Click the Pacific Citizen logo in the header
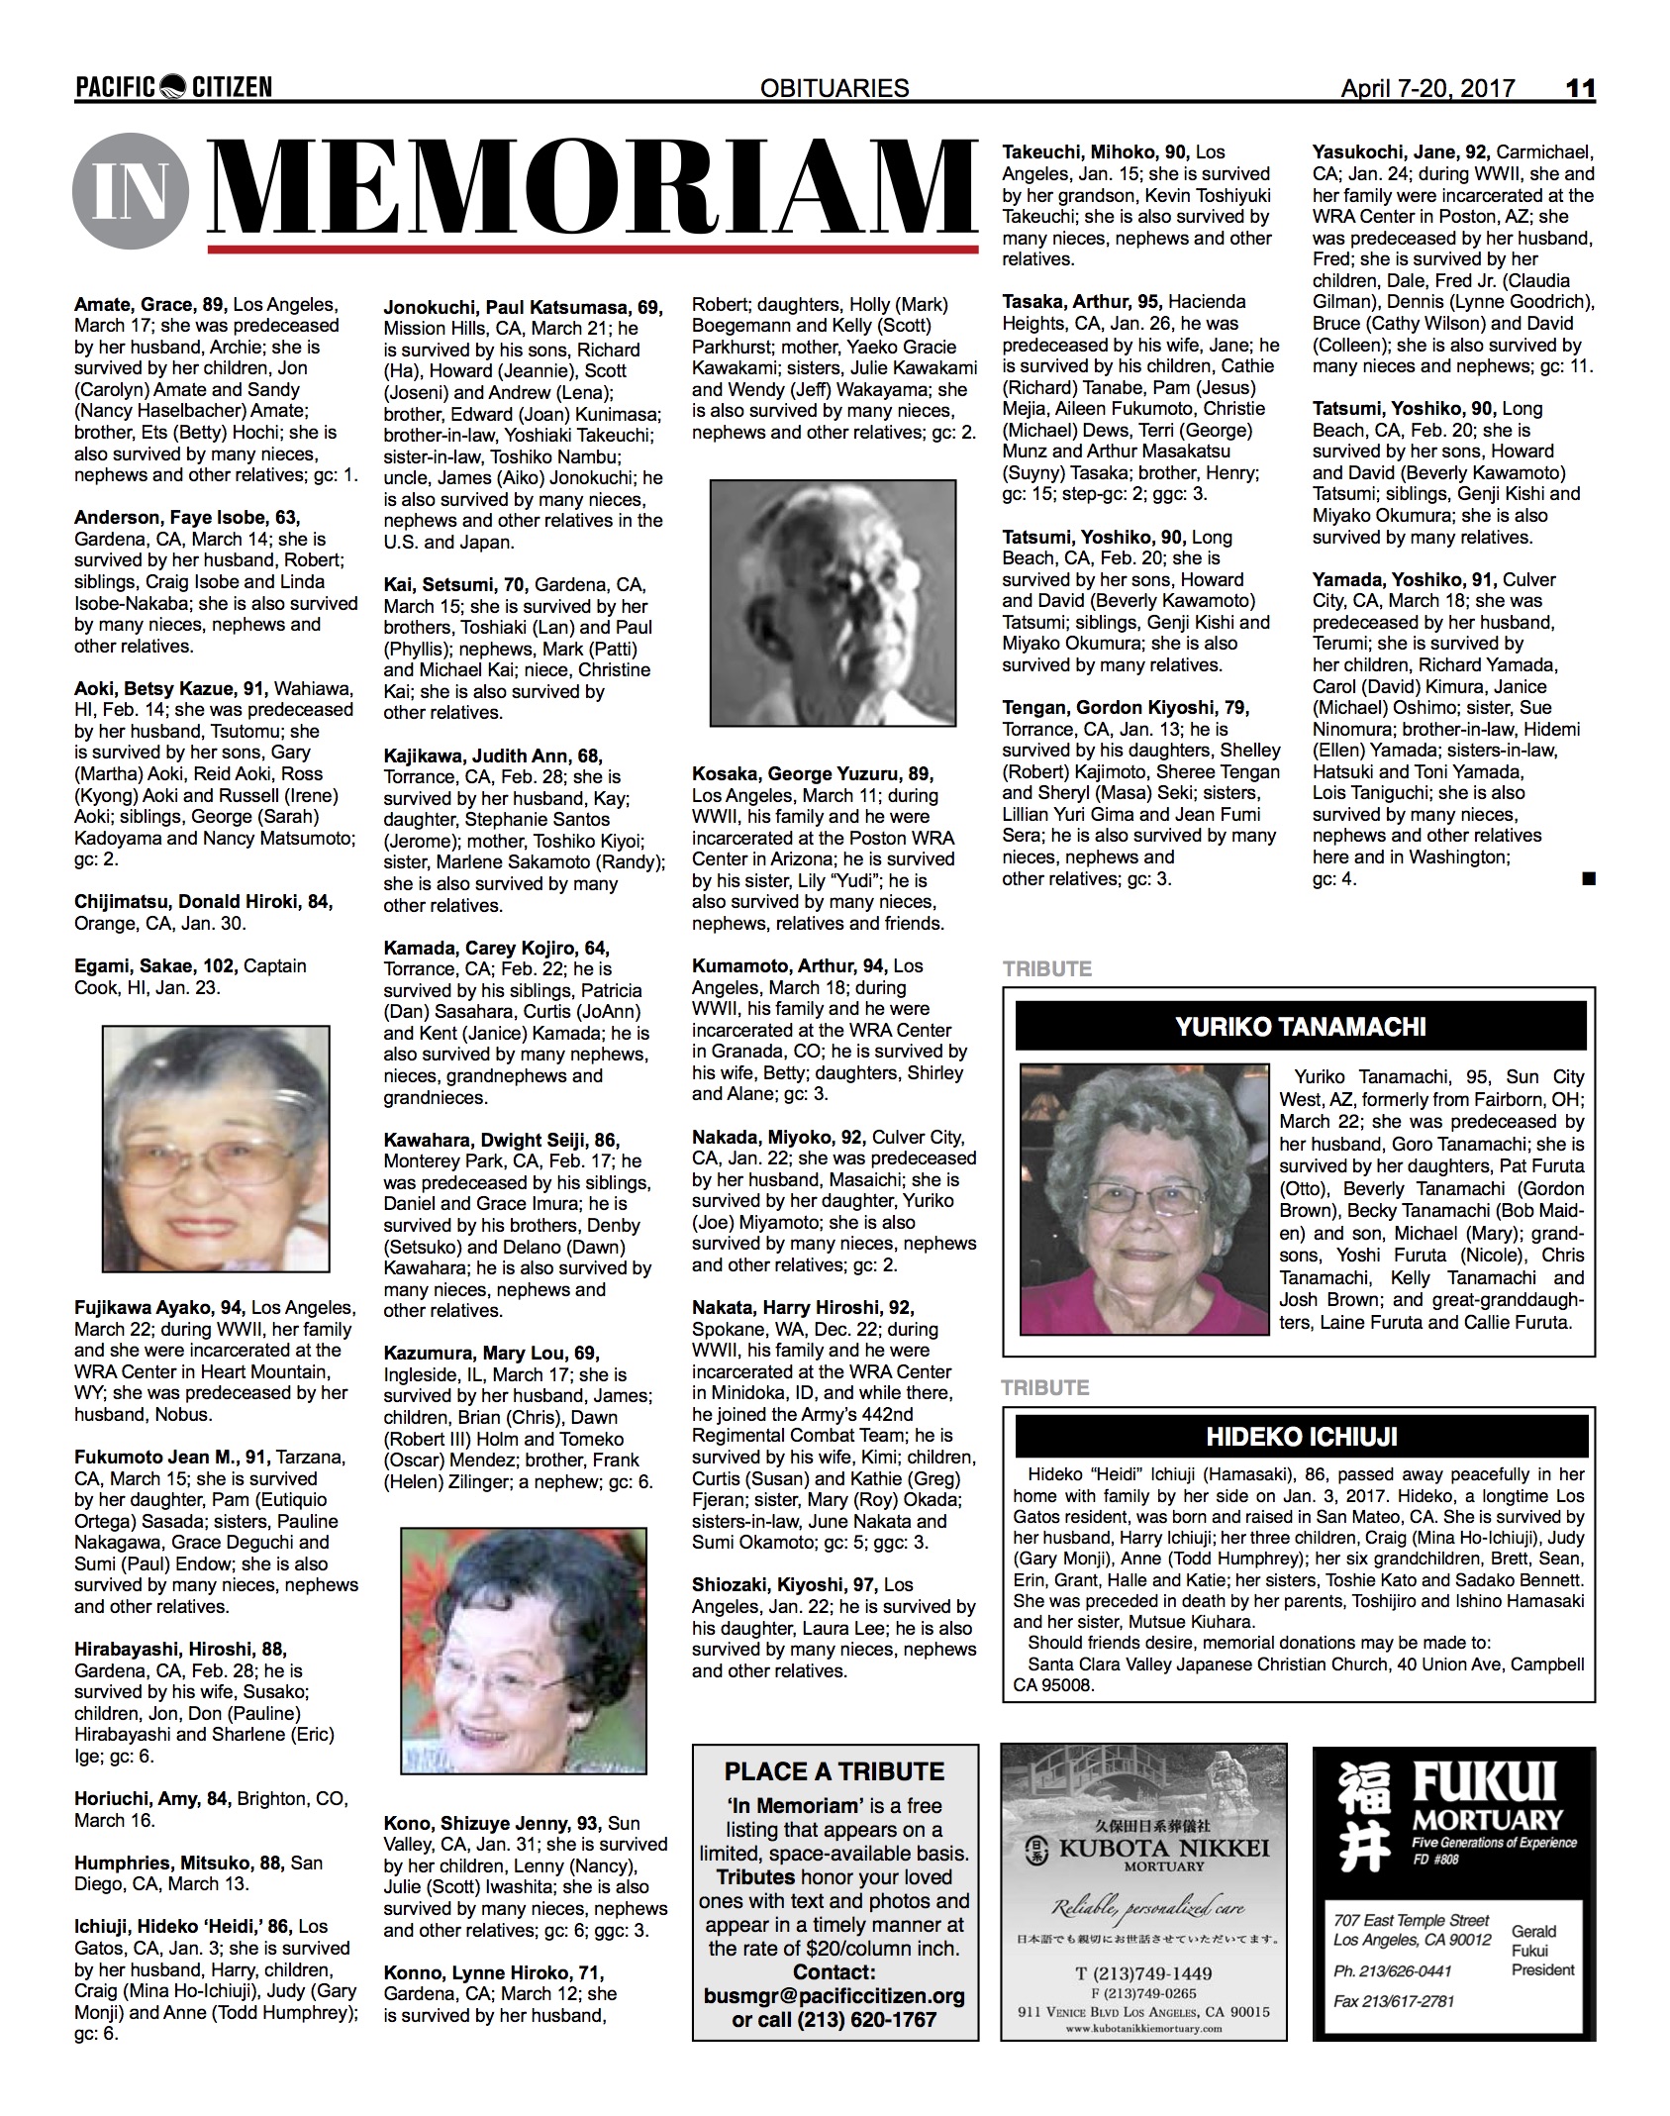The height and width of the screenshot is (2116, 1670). click(x=173, y=88)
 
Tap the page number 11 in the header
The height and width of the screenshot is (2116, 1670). click(x=1580, y=88)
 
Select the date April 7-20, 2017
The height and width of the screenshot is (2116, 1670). click(x=1426, y=88)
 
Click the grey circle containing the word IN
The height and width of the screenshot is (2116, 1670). click(x=130, y=190)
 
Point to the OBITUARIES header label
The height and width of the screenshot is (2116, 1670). click(x=835, y=88)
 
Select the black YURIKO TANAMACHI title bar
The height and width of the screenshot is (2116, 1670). click(x=1300, y=1026)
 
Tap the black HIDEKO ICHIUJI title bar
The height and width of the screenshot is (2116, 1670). click(x=1300, y=1437)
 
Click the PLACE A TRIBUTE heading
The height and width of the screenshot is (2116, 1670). click(x=834, y=1772)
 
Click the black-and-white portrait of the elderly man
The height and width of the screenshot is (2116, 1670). click(x=834, y=603)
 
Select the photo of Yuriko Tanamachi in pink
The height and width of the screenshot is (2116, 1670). click(x=1144, y=1198)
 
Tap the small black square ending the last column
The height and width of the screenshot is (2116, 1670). click(x=1589, y=877)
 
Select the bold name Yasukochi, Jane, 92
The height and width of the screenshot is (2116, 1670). click(x=1401, y=152)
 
